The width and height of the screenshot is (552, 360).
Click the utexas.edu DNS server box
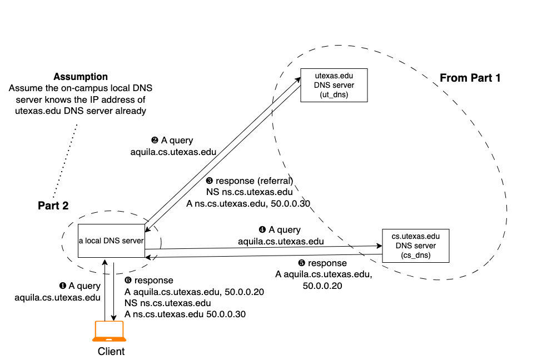point(334,85)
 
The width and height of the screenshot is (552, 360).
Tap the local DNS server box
point(111,241)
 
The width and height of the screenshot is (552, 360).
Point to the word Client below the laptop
point(111,351)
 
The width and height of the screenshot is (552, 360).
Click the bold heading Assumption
point(81,77)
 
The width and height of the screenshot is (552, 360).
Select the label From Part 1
point(470,78)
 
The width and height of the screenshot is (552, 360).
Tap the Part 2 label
point(53,206)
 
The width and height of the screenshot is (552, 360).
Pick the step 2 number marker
point(155,141)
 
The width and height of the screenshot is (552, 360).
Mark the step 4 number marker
point(262,229)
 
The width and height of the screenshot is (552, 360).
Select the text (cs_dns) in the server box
point(415,255)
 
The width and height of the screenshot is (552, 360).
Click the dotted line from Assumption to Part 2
point(66,161)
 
